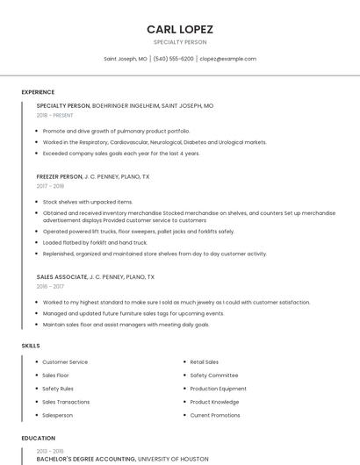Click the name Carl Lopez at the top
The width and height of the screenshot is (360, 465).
coord(180,29)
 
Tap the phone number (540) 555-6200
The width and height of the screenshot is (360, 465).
coord(173,59)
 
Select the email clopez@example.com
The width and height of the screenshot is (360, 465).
coord(227,59)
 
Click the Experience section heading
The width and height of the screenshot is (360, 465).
coord(38,92)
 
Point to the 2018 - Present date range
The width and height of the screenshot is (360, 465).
coord(55,116)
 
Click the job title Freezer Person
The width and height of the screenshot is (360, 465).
coord(60,176)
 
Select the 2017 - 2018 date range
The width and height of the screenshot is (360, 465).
coord(51,186)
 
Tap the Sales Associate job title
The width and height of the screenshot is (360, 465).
coord(62,277)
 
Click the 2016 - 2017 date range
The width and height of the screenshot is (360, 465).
coord(51,287)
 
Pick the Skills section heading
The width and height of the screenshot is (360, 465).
coord(31,346)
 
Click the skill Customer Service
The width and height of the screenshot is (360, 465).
coord(65,362)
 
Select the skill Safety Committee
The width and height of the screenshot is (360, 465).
coord(213,376)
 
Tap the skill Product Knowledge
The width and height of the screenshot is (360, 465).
coord(214,402)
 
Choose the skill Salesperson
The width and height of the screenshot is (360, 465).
coord(58,415)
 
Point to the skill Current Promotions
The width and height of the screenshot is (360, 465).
coord(215,415)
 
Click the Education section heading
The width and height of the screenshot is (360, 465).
coord(38,438)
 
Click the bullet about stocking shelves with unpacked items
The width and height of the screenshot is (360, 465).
coord(88,202)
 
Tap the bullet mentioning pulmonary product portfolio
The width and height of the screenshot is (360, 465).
coord(116,131)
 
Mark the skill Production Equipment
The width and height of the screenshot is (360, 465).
coord(219,389)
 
